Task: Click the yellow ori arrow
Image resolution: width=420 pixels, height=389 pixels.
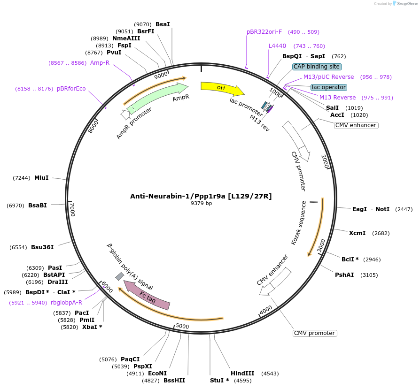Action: pos(221,88)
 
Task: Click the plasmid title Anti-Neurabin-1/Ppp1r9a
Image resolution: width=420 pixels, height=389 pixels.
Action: pos(201,196)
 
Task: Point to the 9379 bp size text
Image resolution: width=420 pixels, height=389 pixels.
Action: pos(201,204)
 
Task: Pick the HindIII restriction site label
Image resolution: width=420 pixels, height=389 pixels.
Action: pos(242,374)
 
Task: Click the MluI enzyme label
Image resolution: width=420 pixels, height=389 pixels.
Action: pos(41,178)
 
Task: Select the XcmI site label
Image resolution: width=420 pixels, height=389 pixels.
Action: pos(357,233)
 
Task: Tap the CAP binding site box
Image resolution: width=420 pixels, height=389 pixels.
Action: pos(317,67)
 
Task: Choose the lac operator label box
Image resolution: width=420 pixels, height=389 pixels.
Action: pos(329,87)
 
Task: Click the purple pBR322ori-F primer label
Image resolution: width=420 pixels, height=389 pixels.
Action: pos(264,32)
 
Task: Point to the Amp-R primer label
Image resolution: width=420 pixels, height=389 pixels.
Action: pos(100,62)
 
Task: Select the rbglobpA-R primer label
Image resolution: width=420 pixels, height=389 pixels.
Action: pos(66,303)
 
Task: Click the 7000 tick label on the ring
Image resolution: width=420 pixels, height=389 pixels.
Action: pos(72,209)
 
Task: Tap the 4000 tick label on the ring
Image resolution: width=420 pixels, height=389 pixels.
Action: pos(265,310)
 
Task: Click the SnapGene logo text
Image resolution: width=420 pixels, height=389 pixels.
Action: pos(407,4)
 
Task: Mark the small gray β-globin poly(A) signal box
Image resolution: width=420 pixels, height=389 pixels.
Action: pos(120,276)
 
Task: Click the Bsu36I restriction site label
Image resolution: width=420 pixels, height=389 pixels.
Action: pos(42,247)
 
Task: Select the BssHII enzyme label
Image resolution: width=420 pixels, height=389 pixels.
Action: pos(174,380)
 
